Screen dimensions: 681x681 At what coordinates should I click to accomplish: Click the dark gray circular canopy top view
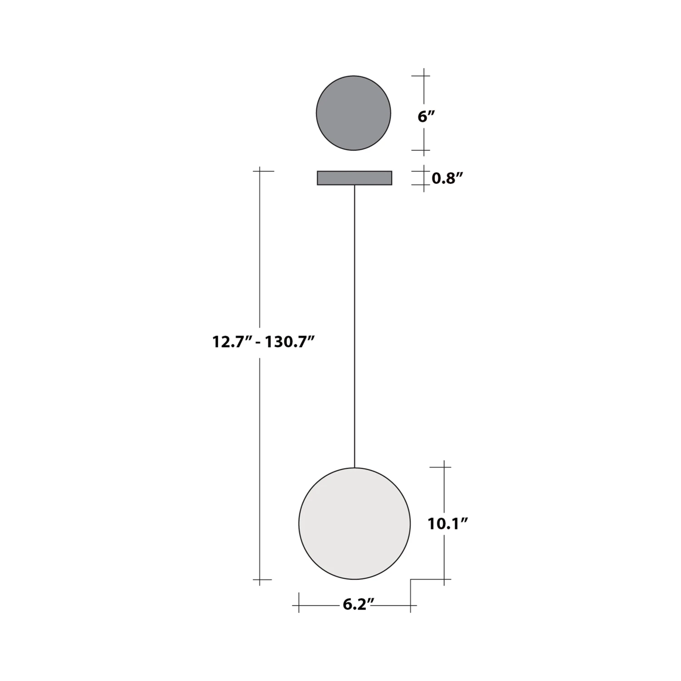(353, 113)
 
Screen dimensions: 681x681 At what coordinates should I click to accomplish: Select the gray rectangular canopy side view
(354, 178)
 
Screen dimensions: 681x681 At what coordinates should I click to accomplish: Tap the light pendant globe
(354, 523)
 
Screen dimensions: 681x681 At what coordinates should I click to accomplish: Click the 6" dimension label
(426, 117)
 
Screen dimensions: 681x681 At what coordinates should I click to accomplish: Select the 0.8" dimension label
(447, 178)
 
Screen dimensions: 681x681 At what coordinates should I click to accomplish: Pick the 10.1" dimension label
(448, 523)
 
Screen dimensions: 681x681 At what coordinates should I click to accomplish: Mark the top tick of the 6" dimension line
(424, 76)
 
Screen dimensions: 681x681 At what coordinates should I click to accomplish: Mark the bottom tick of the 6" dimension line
(424, 150)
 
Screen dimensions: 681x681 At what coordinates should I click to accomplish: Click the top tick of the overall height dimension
(259, 171)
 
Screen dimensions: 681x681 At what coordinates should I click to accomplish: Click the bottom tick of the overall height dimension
(259, 580)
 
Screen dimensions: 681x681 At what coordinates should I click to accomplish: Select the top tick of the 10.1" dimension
(444, 467)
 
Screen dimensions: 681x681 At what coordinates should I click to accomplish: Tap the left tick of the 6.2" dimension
(299, 605)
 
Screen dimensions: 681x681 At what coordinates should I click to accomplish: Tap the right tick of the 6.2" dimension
(410, 605)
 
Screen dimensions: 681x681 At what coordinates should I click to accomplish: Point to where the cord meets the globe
(354, 468)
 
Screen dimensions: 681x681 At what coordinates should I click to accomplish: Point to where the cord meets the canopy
(354, 185)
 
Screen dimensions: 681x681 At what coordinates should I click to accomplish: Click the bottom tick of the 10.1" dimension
(444, 579)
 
